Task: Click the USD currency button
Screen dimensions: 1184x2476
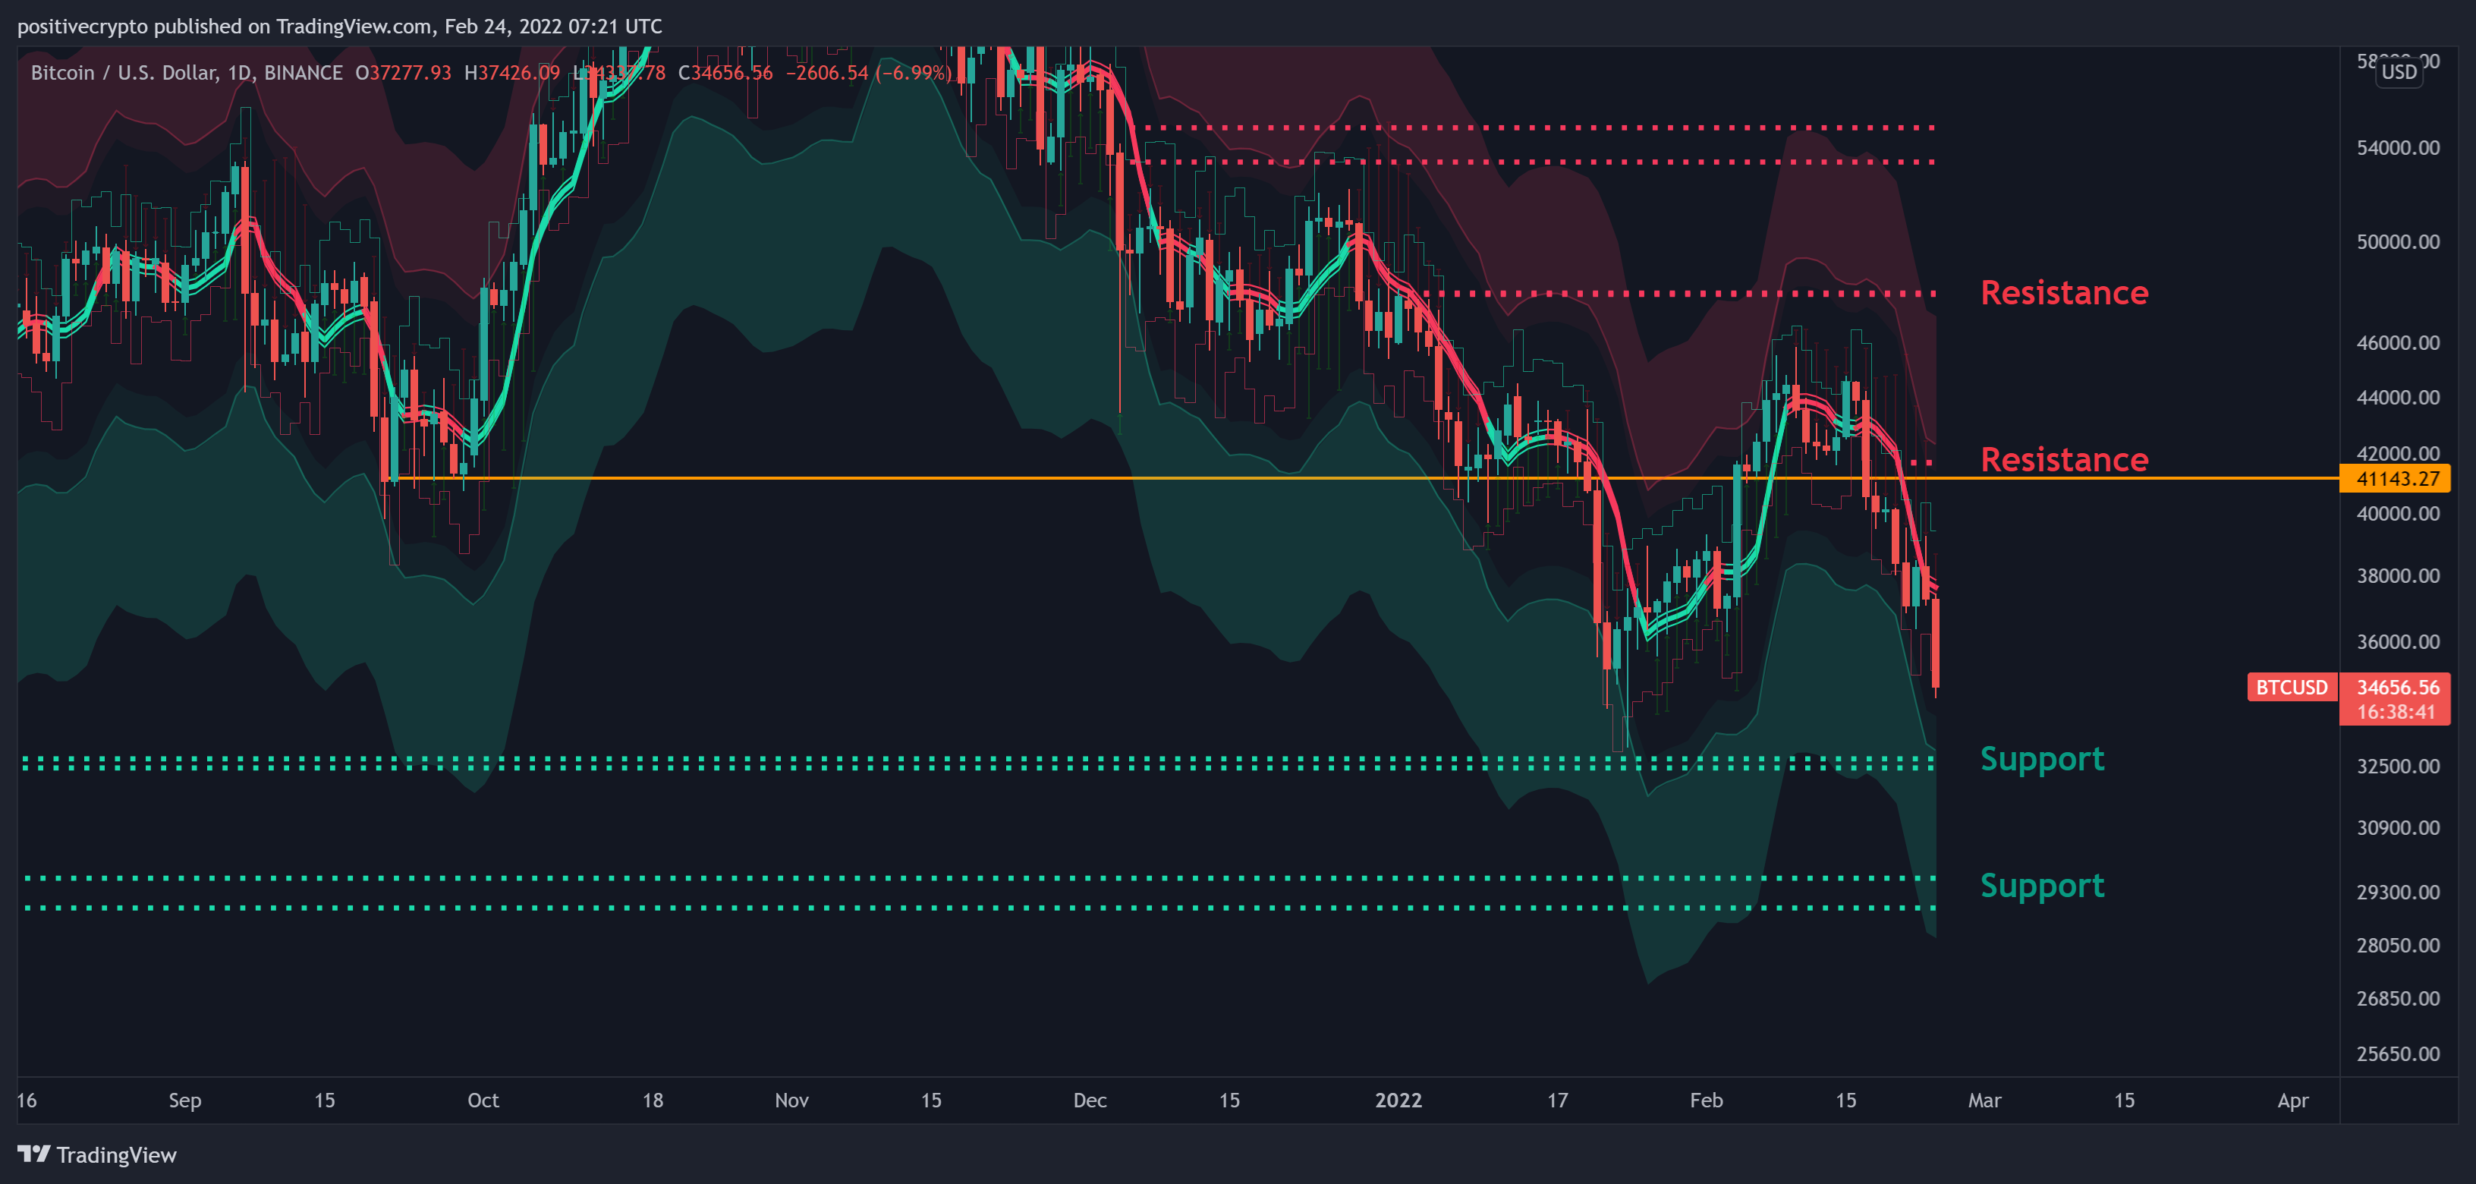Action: tap(2399, 73)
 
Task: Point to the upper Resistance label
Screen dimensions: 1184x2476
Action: tap(2064, 293)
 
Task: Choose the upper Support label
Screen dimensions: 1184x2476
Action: tap(2041, 759)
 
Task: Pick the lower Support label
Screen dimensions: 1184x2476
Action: tap(2041, 886)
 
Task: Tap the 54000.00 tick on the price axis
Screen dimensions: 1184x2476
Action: tap(2397, 148)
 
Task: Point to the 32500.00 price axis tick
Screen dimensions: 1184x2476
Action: tap(2397, 767)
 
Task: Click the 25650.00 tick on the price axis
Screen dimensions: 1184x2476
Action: tap(2397, 1054)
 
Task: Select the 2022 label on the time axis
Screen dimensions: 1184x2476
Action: tap(1398, 1101)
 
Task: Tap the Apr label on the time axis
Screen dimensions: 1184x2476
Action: tap(2292, 1101)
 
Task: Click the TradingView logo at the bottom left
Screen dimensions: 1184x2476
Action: tap(97, 1155)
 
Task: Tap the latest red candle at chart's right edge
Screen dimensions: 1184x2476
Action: tap(1935, 643)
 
